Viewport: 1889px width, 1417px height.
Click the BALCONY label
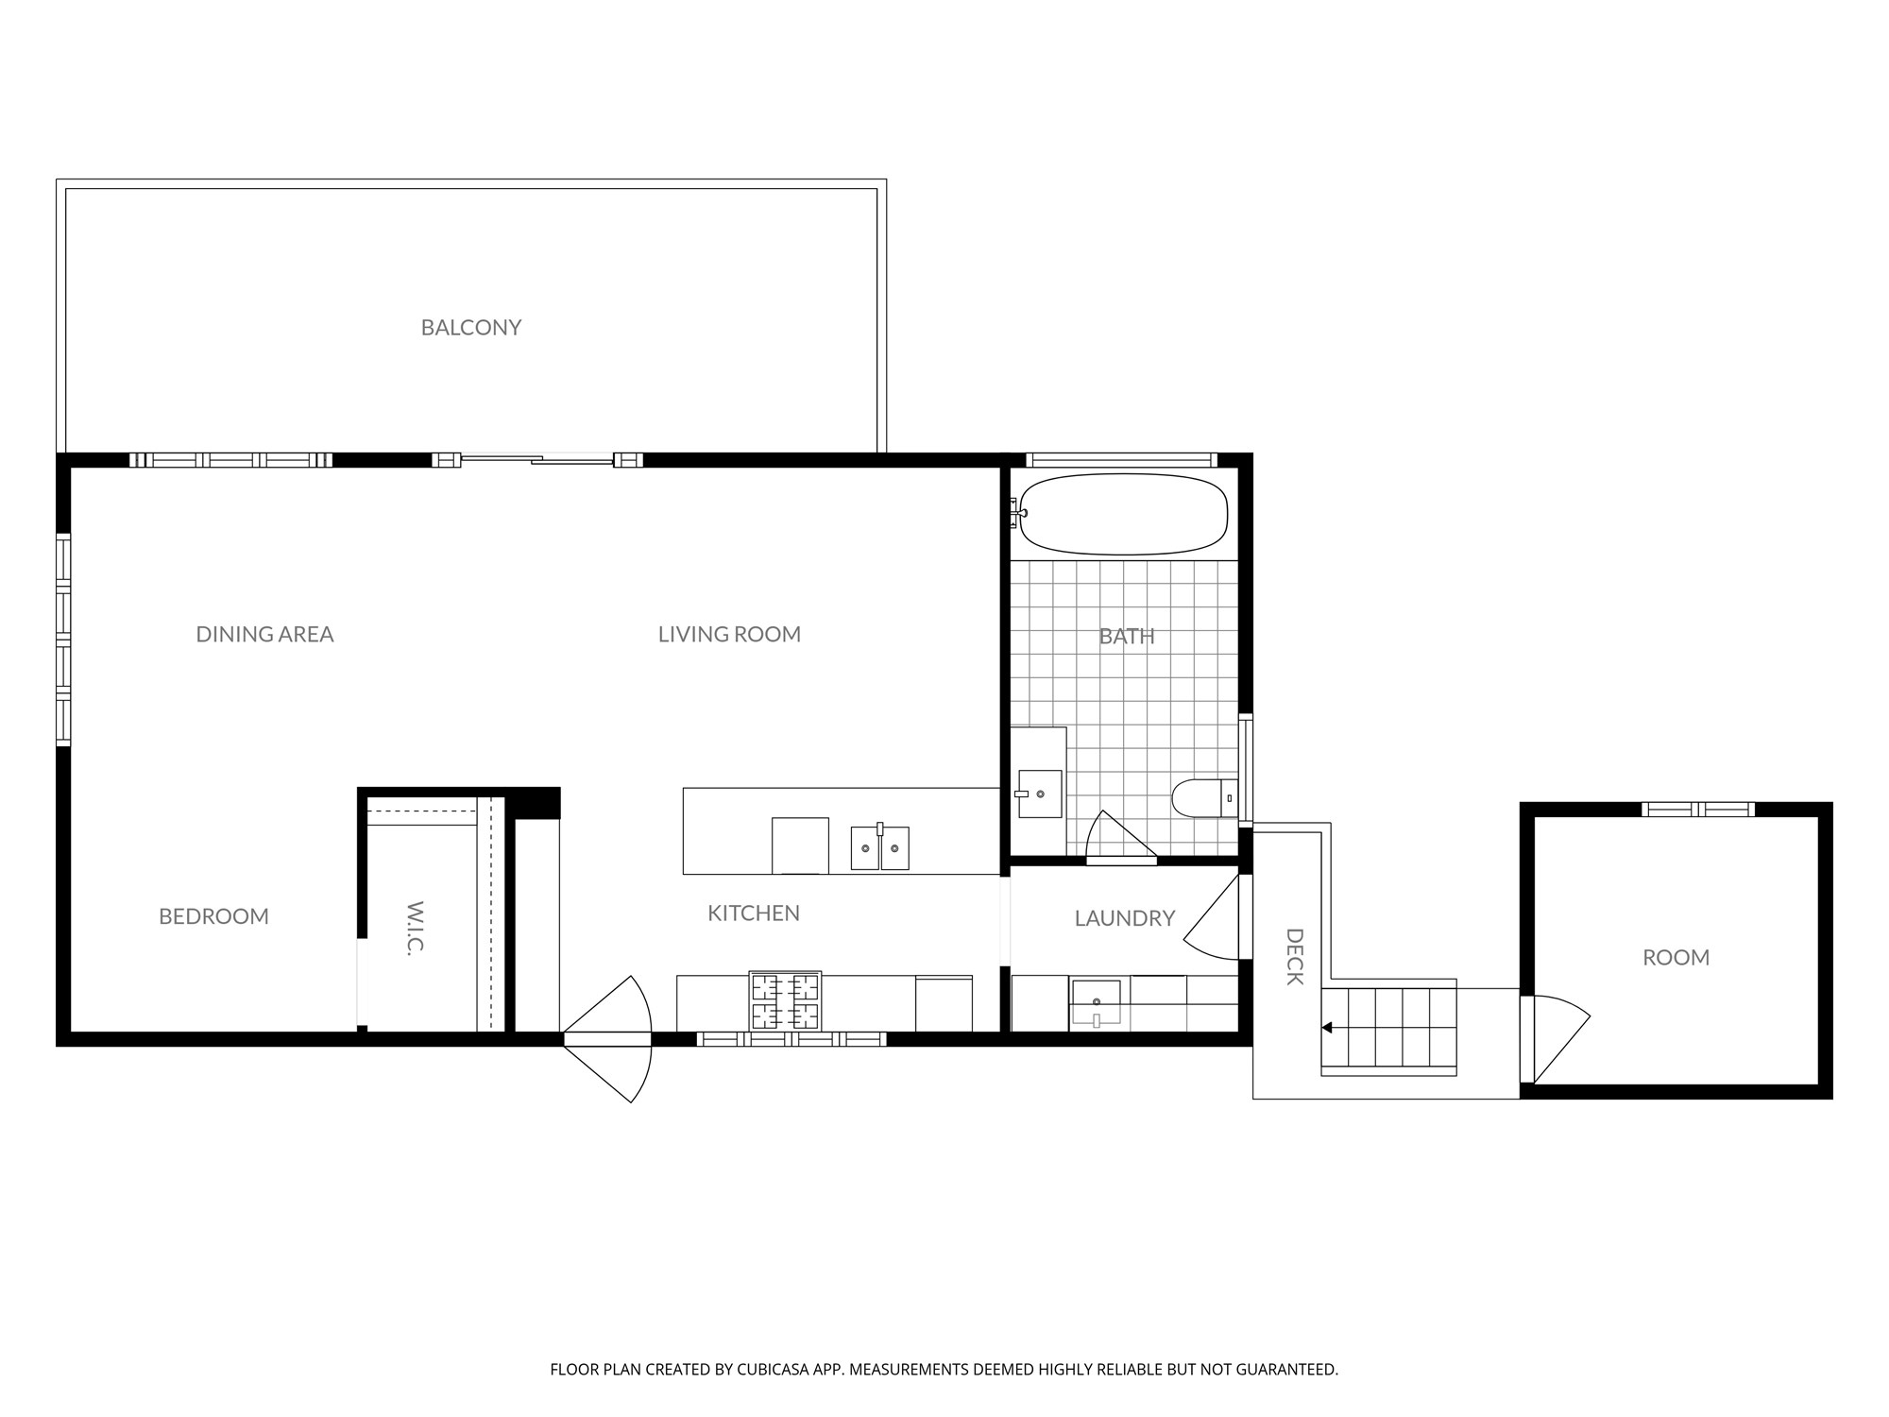point(471,328)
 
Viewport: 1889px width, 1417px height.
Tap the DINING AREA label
point(264,634)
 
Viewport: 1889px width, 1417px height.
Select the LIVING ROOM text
point(729,634)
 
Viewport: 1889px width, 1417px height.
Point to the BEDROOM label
point(213,916)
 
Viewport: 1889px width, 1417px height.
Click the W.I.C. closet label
point(414,929)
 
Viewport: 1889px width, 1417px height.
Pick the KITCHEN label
point(754,913)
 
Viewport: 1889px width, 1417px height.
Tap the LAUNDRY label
point(1125,918)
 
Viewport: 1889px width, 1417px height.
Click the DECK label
point(1295,957)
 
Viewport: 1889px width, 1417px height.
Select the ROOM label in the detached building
point(1676,958)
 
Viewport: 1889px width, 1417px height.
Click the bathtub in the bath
point(1123,514)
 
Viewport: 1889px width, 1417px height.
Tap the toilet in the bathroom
point(1204,798)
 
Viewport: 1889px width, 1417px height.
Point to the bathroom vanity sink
point(1040,794)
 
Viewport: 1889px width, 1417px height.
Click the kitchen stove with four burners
point(786,1000)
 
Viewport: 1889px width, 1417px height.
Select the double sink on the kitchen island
point(880,847)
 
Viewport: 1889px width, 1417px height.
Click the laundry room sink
point(1096,1004)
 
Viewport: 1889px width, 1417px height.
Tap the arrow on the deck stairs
point(1327,1028)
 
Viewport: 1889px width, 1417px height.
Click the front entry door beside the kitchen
point(608,1039)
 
